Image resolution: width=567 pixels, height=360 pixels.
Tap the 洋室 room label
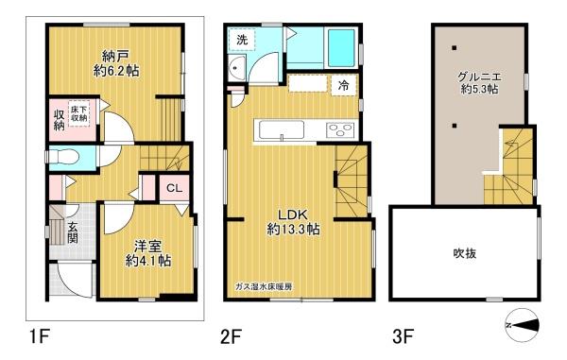[x=148, y=247]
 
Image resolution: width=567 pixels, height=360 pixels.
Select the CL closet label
[x=174, y=189]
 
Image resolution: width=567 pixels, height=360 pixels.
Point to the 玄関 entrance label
[x=73, y=232]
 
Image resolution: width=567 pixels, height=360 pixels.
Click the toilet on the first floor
[x=63, y=158]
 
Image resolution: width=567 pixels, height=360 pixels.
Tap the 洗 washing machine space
[x=242, y=40]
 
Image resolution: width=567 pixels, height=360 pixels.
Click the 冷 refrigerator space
[x=344, y=85]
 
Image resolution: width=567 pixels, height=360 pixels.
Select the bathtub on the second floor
[x=341, y=47]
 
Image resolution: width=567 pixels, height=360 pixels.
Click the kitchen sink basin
[x=282, y=129]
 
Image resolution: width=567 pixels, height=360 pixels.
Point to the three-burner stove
[x=340, y=130]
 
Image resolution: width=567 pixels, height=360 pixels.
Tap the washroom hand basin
[x=237, y=68]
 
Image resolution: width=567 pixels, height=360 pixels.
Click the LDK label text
[x=293, y=214]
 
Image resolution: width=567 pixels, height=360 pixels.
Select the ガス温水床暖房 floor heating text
[x=264, y=287]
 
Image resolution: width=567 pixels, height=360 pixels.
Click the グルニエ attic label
[x=479, y=77]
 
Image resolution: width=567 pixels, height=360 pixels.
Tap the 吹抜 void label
[x=465, y=253]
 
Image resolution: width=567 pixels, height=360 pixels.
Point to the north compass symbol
[x=523, y=325]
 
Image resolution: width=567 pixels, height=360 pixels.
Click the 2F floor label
[x=231, y=337]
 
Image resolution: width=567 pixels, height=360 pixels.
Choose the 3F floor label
[x=403, y=337]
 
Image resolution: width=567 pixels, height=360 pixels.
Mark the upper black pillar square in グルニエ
[x=454, y=47]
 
